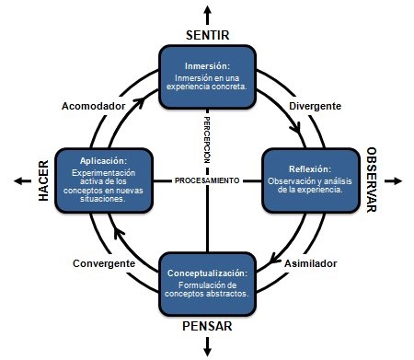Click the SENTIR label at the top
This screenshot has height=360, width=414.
point(207,35)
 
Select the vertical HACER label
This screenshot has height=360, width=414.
point(42,180)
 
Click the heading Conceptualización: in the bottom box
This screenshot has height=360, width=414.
point(207,273)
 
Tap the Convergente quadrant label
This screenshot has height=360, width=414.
point(104,263)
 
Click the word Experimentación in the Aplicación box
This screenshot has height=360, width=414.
point(102,172)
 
